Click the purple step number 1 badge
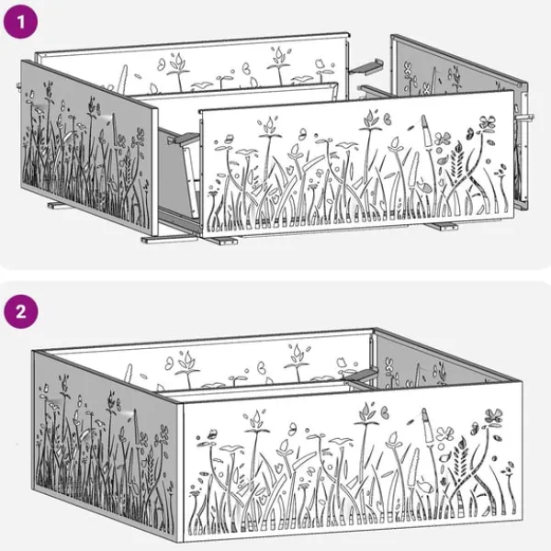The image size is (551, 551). click(x=20, y=21)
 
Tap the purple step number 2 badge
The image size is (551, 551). click(x=21, y=311)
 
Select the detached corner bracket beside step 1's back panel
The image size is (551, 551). click(x=365, y=67)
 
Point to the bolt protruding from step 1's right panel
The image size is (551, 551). click(x=525, y=118)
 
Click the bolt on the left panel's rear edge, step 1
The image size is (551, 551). click(x=18, y=85)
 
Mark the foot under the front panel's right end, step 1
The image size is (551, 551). click(x=444, y=226)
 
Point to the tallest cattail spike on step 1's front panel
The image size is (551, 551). click(x=427, y=131)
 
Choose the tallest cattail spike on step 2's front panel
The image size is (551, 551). click(x=428, y=425)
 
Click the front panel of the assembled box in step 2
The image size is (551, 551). click(x=352, y=463)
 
